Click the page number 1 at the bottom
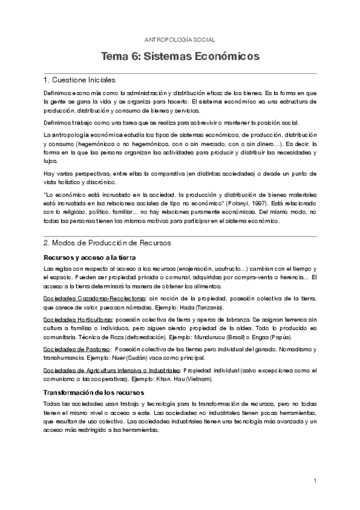[x=315, y=481]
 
